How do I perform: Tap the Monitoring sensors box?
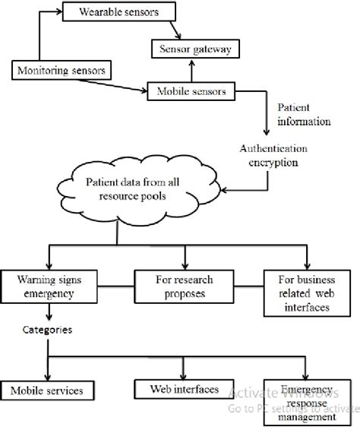coord(58,71)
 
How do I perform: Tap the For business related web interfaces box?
coord(303,293)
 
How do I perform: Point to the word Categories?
coord(49,331)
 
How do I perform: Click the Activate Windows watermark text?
coord(281,393)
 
